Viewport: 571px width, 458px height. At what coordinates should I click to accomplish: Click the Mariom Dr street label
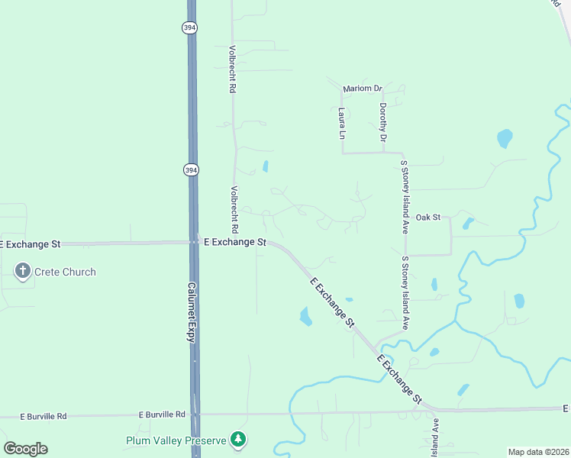pos(362,89)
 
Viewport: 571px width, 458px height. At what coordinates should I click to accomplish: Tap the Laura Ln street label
pos(342,123)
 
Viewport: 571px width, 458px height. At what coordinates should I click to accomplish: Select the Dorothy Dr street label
pos(383,123)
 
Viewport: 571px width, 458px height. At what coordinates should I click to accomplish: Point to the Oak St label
pos(427,218)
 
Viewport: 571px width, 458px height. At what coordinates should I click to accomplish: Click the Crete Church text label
pos(64,272)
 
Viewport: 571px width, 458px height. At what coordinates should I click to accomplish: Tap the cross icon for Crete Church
pos(23,271)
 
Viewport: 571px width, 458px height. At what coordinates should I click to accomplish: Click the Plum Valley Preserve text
pos(177,440)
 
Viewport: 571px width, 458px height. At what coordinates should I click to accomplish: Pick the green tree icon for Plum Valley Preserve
pos(240,439)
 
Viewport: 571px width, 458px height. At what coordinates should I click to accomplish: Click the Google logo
pos(25,449)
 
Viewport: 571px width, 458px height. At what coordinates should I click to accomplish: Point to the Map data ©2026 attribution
pos(538,452)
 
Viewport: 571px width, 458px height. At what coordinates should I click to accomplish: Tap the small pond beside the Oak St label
pos(467,224)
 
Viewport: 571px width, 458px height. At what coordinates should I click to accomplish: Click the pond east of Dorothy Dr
pos(505,138)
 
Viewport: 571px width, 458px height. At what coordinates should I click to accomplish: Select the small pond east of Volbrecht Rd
pos(266,166)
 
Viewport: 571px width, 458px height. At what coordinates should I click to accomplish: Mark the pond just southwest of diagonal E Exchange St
pos(306,316)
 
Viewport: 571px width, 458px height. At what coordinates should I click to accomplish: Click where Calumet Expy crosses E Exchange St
pos(193,243)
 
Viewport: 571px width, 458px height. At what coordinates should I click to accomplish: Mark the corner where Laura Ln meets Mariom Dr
pos(342,89)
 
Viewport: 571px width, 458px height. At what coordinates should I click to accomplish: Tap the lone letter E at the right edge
pos(566,408)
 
